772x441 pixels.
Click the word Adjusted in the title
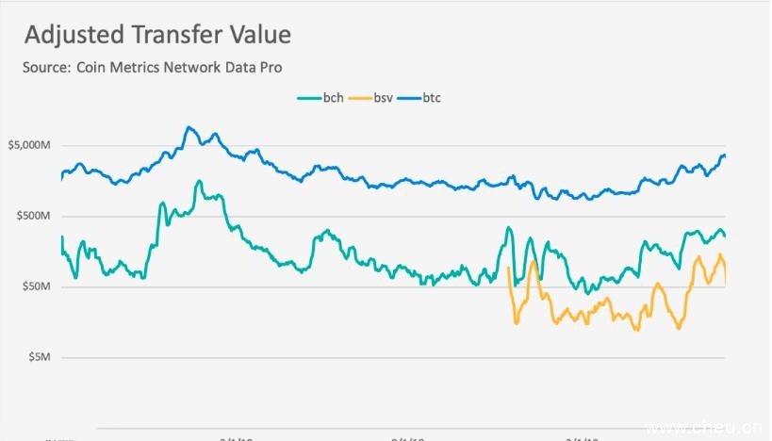click(x=71, y=36)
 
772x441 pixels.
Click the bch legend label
click(x=333, y=97)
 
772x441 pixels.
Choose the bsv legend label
click(x=384, y=97)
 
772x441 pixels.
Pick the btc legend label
click(x=432, y=97)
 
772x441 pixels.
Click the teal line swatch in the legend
click(x=309, y=98)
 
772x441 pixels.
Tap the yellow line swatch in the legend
click(x=359, y=98)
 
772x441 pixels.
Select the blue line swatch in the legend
click(x=408, y=98)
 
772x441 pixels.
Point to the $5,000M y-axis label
click(x=29, y=146)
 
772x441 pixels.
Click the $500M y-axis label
click(x=33, y=216)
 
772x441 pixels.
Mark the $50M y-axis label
click(x=36, y=286)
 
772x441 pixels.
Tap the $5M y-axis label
click(x=39, y=357)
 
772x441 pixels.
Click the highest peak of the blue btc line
click(x=189, y=127)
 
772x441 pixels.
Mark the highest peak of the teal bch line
click(x=199, y=181)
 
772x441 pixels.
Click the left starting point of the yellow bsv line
click(x=509, y=269)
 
